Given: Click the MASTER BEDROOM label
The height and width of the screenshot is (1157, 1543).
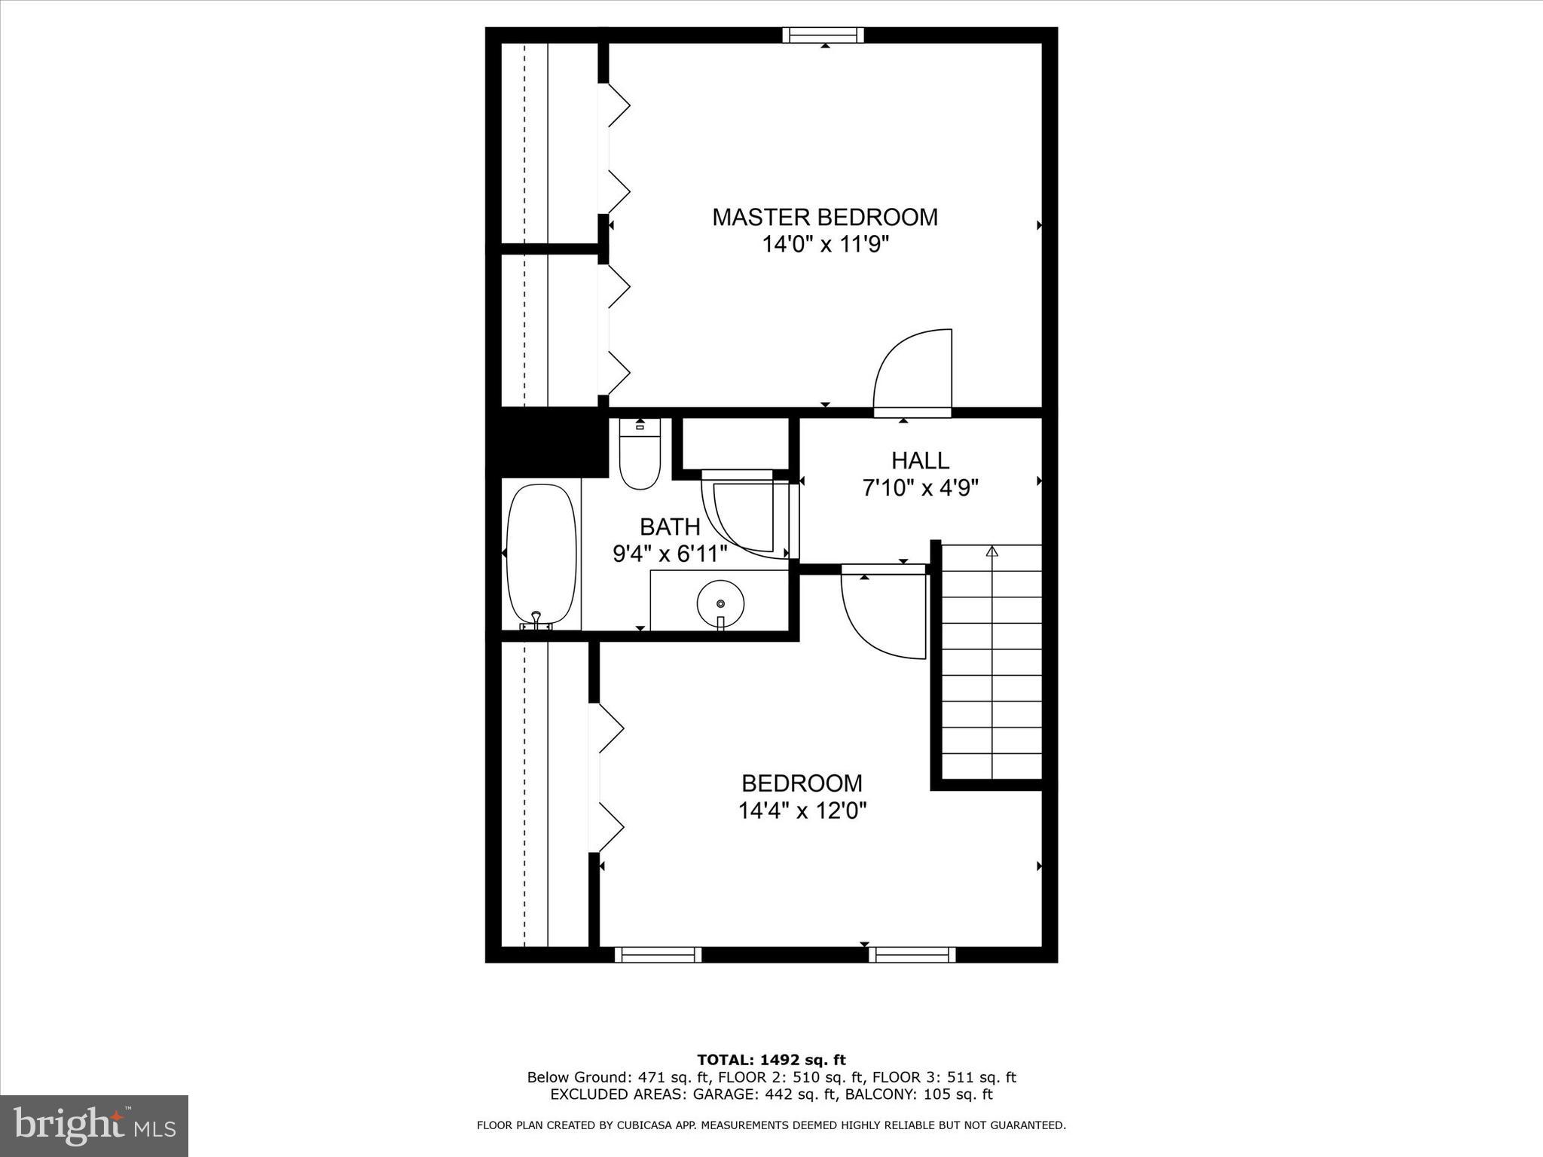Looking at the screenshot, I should [x=825, y=217].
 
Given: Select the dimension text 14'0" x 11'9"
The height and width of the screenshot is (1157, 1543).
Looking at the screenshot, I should [x=825, y=245].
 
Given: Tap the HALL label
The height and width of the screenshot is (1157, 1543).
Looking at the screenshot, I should [x=920, y=460].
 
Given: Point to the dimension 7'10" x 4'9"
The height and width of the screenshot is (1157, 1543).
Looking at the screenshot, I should [x=920, y=488].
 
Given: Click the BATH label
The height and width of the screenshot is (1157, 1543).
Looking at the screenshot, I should [x=670, y=526].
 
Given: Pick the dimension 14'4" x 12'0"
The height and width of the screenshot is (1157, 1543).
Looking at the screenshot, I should [x=802, y=811].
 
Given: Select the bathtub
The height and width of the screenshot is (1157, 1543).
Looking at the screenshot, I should [x=541, y=554].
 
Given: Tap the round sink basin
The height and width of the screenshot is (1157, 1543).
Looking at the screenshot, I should [x=720, y=603].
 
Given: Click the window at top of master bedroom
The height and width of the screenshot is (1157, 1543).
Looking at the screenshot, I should [x=823, y=35].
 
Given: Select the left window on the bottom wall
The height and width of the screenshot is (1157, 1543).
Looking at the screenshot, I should [x=658, y=955].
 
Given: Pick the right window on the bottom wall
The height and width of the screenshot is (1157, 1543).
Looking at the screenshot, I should [x=912, y=955].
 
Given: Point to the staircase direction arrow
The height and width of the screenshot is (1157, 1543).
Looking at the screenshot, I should [x=991, y=551].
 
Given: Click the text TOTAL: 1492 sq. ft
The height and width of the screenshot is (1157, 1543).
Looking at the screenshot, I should [x=771, y=1060].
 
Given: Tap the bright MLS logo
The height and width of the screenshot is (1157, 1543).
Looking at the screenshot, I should [x=94, y=1125].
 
